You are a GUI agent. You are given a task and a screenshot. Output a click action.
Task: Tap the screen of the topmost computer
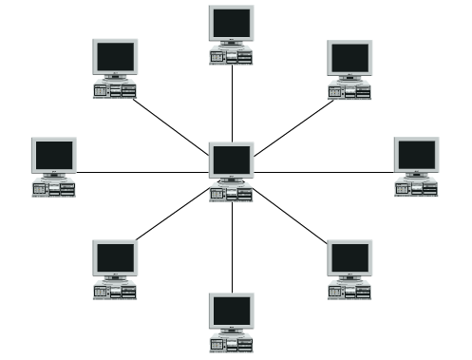[232, 21]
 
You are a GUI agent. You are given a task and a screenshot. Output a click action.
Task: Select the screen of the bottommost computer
[232, 311]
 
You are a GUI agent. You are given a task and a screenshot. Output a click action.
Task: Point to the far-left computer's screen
[53, 153]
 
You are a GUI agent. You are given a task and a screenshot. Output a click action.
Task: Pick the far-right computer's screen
[417, 153]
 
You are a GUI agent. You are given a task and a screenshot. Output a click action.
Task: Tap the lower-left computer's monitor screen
[114, 256]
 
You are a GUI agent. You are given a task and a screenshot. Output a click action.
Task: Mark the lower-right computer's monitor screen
[349, 256]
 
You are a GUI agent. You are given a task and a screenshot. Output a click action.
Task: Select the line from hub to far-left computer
[142, 172]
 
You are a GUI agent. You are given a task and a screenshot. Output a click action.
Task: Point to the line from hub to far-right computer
[323, 172]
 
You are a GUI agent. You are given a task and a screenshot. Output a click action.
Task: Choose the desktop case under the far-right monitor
[417, 189]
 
